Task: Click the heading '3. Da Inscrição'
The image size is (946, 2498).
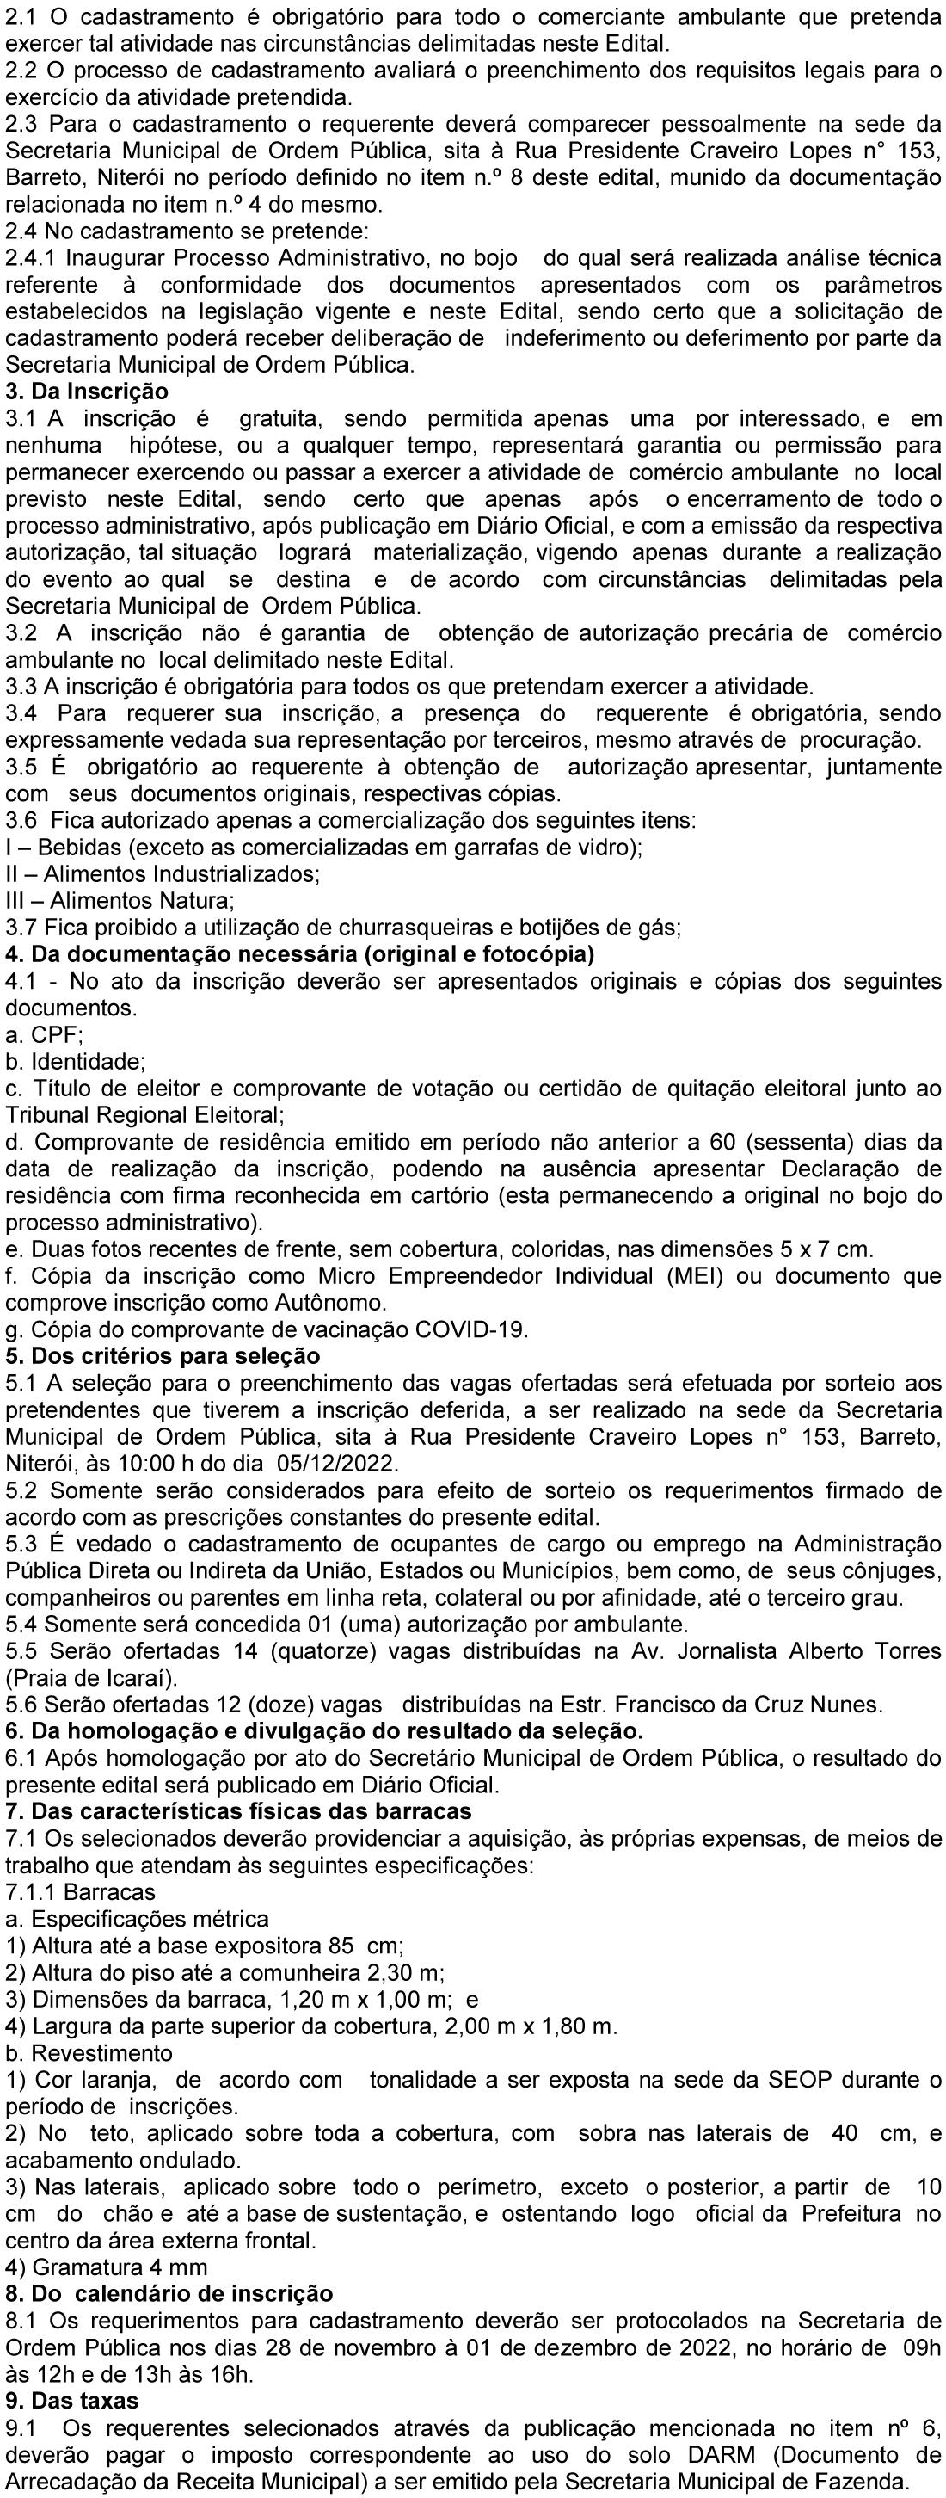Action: (87, 392)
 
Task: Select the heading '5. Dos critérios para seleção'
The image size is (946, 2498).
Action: (163, 1355)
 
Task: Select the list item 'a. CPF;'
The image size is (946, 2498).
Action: (45, 1034)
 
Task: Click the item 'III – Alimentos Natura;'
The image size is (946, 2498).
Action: (120, 901)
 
